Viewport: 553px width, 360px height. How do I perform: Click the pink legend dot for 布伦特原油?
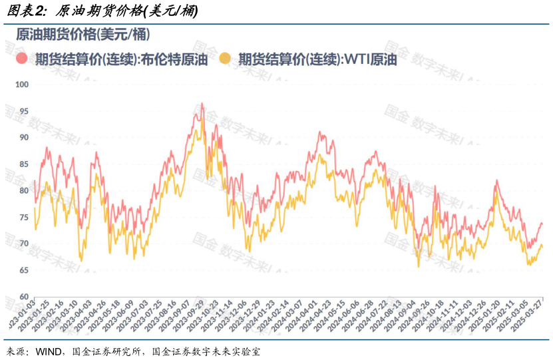tap(22, 59)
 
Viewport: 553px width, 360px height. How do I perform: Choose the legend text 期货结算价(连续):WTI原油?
tap(317, 59)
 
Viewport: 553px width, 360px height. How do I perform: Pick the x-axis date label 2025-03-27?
tap(534, 321)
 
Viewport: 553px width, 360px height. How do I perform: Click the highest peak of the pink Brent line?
tap(202, 104)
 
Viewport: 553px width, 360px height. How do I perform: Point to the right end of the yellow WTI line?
tap(542, 246)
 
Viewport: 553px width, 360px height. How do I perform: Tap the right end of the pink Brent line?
tap(542, 224)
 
